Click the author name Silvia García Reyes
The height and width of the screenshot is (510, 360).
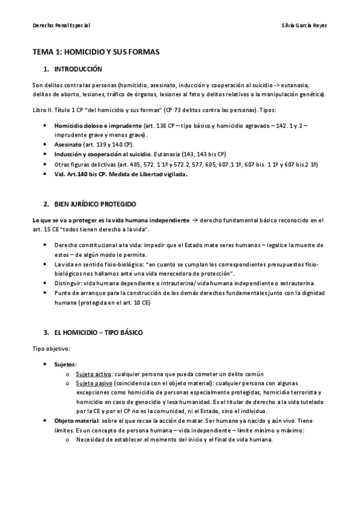[304, 26]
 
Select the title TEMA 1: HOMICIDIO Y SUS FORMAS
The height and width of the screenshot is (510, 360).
[96, 52]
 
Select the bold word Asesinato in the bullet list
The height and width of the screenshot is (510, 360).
[68, 145]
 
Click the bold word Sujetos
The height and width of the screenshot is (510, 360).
[65, 364]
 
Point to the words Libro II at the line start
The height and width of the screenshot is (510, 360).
[42, 111]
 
